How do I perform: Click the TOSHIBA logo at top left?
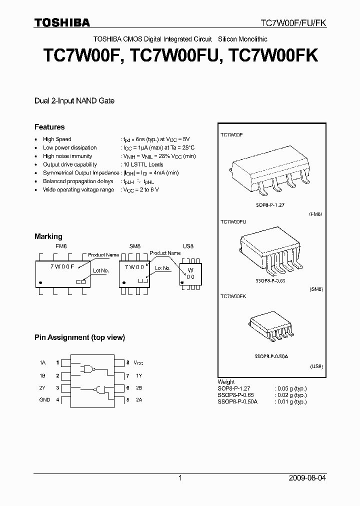tap(62, 22)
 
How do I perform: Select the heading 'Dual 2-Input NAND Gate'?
tap(74, 101)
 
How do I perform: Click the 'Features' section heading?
tap(49, 127)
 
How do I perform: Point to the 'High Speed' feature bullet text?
tap(57, 139)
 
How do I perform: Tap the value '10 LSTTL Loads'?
tap(143, 164)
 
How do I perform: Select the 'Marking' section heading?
tap(48, 236)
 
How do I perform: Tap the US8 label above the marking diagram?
tap(188, 246)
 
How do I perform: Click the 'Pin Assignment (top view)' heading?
tap(79, 337)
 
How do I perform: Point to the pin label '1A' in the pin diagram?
tap(42, 362)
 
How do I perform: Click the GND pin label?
tap(44, 400)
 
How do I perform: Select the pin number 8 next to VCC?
tap(127, 362)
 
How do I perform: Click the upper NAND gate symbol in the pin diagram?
tap(89, 369)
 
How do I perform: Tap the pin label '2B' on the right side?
tap(138, 387)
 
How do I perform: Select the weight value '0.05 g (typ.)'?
tap(290, 388)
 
